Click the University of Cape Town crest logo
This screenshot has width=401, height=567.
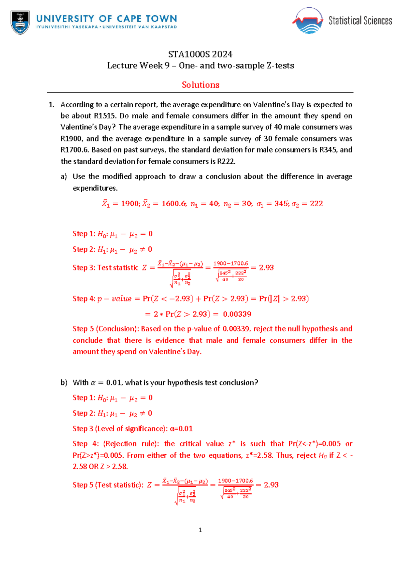(20, 22)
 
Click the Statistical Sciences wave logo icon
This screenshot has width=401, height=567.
(307, 21)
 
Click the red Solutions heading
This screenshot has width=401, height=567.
(200, 85)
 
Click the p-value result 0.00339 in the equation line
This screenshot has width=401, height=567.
(237, 314)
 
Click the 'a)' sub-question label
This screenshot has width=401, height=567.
(64, 177)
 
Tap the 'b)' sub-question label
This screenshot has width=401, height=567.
(64, 383)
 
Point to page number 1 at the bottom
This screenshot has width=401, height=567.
(200, 530)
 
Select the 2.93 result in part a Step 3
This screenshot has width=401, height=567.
(266, 268)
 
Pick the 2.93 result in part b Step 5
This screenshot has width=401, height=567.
(271, 485)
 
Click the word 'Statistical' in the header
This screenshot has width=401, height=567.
(345, 21)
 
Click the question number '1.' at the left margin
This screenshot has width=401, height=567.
(51, 105)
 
